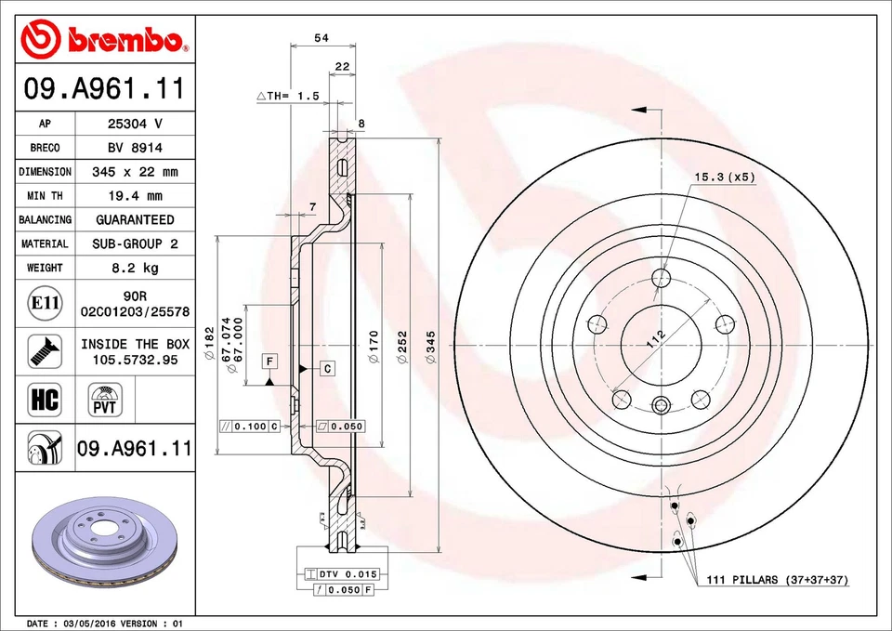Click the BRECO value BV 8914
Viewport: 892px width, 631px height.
135,148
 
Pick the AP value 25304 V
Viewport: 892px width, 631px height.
135,124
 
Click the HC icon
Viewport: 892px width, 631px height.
45,400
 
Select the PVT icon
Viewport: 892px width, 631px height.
104,401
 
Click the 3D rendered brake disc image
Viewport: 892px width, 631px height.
102,545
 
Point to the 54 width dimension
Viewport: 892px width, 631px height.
321,38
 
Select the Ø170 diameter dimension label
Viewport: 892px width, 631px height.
374,347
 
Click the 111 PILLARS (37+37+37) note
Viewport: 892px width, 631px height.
779,580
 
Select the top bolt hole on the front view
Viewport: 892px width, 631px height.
661,277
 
